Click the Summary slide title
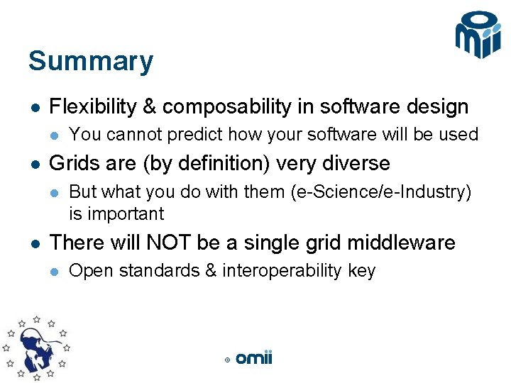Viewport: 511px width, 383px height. point(90,61)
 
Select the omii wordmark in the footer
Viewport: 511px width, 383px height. point(254,358)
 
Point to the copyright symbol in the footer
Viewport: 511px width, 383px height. point(227,360)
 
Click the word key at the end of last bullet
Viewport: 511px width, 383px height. point(361,271)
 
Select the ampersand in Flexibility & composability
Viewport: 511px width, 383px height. point(150,107)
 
